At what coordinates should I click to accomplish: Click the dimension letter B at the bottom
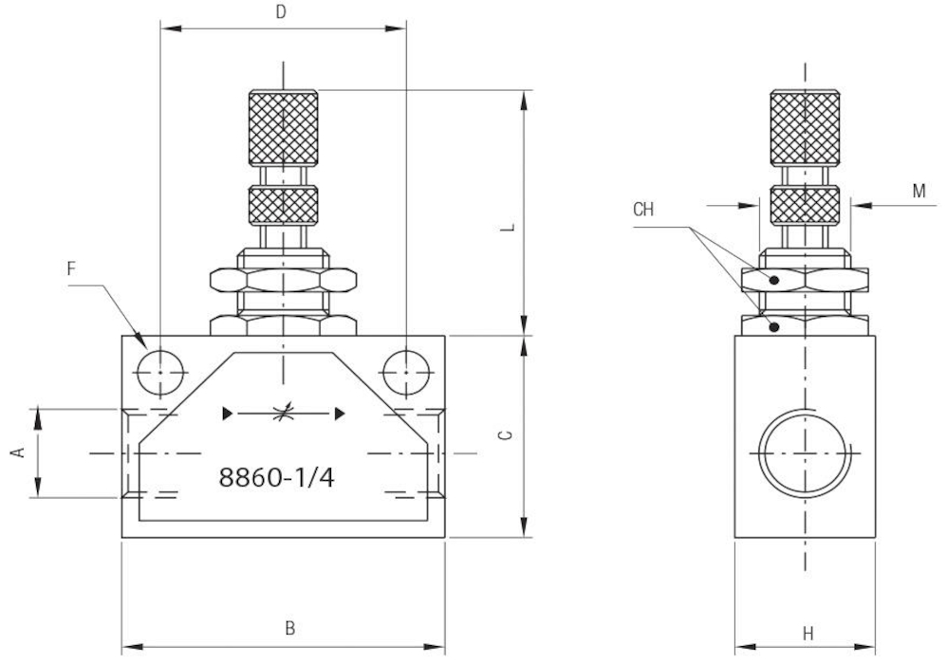[291, 627]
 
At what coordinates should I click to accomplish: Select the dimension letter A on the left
[16, 453]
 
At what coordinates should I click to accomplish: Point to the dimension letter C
[507, 435]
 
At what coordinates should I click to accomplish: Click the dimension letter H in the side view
[808, 633]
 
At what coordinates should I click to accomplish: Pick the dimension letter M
[919, 191]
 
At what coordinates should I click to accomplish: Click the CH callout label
[643, 210]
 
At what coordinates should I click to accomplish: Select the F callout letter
[72, 268]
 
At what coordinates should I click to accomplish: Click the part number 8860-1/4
[276, 477]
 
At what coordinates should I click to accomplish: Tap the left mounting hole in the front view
[159, 370]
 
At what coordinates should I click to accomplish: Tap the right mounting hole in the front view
[405, 370]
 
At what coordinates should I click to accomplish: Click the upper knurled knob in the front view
[283, 127]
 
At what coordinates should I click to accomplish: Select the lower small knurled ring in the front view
[283, 206]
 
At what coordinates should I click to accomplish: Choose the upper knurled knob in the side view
[805, 127]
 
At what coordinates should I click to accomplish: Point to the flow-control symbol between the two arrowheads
[282, 413]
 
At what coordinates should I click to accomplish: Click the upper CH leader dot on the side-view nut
[775, 280]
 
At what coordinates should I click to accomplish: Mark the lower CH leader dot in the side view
[775, 326]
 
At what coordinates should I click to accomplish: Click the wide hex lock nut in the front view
[283, 280]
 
